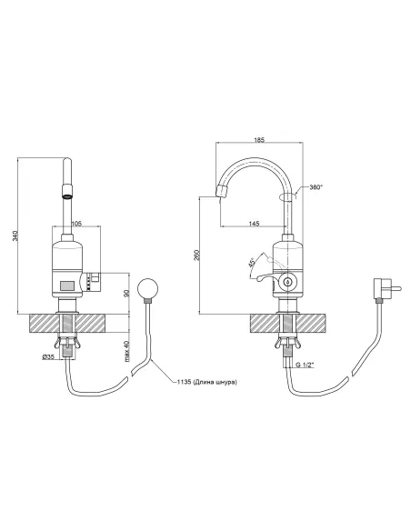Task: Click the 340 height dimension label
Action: point(15,235)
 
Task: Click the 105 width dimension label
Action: point(77,223)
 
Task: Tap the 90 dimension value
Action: point(127,294)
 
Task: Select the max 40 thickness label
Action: point(127,351)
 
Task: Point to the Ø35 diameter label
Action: point(49,356)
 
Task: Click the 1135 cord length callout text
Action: point(206,382)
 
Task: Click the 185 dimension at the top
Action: point(259,139)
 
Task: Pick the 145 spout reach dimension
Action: point(254,223)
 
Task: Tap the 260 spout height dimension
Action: point(197,255)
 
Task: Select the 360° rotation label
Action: point(316,187)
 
